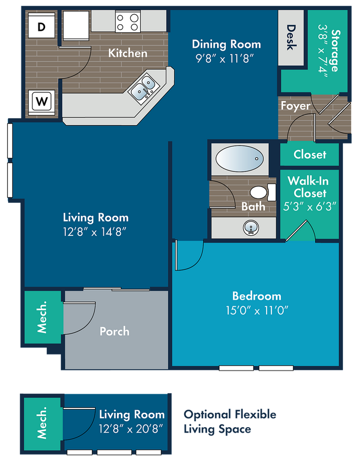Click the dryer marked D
(x=41, y=25)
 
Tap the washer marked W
(x=41, y=102)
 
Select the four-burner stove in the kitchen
(x=128, y=21)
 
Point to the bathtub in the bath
(x=240, y=159)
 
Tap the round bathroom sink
(x=251, y=228)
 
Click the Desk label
(x=291, y=37)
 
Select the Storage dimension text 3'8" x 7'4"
(x=323, y=51)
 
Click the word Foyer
(x=296, y=106)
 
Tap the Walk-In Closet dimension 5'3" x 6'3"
(x=310, y=206)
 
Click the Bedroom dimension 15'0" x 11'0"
(x=257, y=311)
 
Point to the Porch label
(x=114, y=332)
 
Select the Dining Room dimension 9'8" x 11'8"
(x=225, y=59)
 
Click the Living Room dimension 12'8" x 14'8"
(x=95, y=232)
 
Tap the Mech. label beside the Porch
(x=42, y=317)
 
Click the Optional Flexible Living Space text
(x=230, y=422)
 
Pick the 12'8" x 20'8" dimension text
(x=131, y=428)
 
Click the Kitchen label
(x=128, y=53)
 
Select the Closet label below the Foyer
(x=310, y=154)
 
